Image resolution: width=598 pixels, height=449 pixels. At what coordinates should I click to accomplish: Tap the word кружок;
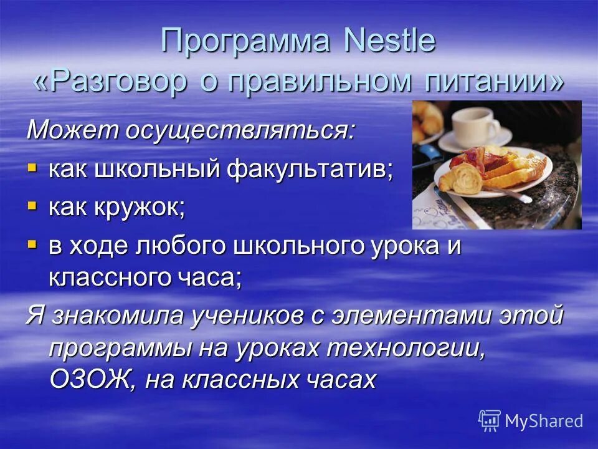(x=142, y=208)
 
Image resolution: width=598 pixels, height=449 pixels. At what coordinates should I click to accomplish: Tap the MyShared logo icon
(x=490, y=420)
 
